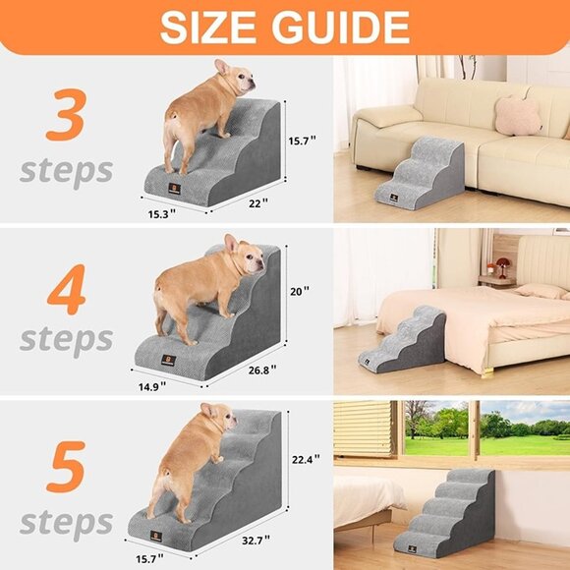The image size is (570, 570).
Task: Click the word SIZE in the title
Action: [x=214, y=28]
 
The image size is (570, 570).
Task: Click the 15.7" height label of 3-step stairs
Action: [x=303, y=141]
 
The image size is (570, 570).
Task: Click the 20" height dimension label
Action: [x=300, y=291]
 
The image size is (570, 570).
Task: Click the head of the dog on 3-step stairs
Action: [x=233, y=77]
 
